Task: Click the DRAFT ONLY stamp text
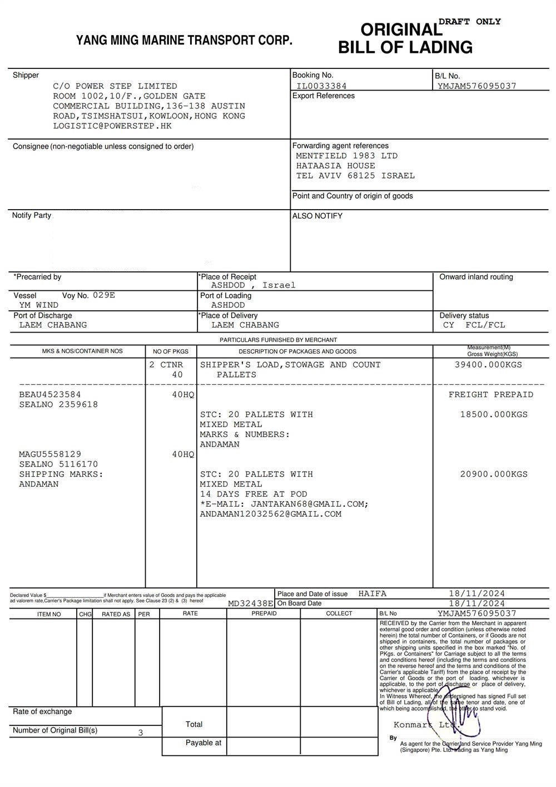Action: coord(470,22)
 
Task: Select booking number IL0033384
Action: coord(321,86)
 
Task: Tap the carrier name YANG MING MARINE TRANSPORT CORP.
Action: coord(184,41)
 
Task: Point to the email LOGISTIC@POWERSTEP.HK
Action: coord(112,126)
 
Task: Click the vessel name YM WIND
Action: coord(39,305)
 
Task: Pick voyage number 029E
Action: coord(104,295)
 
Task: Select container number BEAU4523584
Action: coord(50,395)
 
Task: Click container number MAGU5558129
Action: coord(50,454)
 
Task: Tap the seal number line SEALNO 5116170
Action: coord(58,464)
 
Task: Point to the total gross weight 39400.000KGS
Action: coord(489,365)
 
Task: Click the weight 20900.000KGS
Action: coord(494,474)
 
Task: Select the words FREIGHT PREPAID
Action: coord(491,395)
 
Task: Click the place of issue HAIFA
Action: coord(373,594)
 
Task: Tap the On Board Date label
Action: coord(299,603)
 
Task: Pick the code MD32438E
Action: coord(251,603)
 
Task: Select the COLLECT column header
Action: coord(339,613)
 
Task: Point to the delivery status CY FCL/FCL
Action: coord(474,325)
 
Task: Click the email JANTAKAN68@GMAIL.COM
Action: coord(310,504)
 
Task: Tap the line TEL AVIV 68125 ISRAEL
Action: coord(355,176)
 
